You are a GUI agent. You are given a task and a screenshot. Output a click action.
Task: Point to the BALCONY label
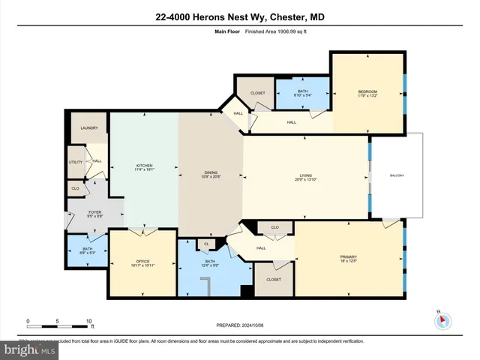(397, 175)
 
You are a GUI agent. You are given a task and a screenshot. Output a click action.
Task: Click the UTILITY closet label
(76, 161)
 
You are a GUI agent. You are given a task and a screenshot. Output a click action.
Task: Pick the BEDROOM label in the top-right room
(367, 93)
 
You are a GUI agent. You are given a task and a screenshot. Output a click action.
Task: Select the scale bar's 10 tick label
(89, 322)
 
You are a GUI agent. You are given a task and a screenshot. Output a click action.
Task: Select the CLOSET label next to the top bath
(247, 94)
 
